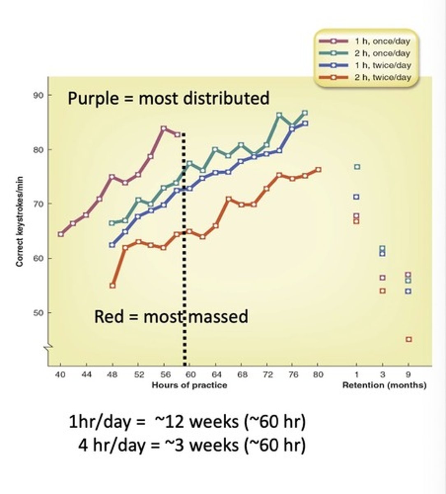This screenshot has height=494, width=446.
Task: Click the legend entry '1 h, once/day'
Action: [x=382, y=41]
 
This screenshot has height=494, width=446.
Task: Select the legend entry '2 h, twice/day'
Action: [x=383, y=77]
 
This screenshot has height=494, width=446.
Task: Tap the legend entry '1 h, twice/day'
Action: [x=383, y=65]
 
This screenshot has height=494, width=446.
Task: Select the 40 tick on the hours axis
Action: [x=60, y=375]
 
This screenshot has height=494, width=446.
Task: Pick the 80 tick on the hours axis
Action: [x=318, y=375]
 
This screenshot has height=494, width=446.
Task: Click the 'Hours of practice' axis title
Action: [x=189, y=385]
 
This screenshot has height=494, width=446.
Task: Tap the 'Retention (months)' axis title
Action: [x=384, y=385]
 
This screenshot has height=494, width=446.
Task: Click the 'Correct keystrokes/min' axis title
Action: [x=19, y=221]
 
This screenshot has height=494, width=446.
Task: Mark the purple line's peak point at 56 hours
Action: [x=164, y=128]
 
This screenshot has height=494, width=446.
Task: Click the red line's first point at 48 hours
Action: [x=112, y=285]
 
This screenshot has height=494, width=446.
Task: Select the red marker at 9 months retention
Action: [x=409, y=339]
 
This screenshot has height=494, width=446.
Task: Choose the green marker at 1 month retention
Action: [x=357, y=167]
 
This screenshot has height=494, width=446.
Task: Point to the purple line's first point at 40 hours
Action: [x=61, y=234]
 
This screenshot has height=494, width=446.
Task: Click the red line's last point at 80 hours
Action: [x=318, y=169]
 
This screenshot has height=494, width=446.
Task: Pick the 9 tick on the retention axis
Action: [x=408, y=375]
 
